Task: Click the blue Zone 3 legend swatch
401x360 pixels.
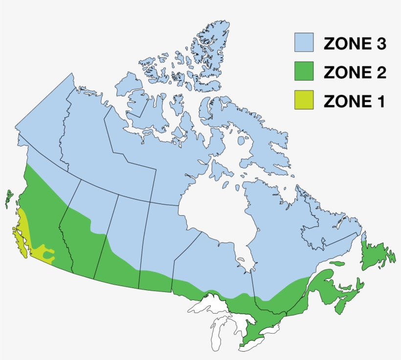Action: [303, 43]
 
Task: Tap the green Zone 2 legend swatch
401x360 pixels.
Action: [303, 71]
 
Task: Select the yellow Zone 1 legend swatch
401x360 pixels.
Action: [303, 100]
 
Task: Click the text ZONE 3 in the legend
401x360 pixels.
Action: [355, 44]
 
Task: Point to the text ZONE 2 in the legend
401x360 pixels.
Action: [355, 72]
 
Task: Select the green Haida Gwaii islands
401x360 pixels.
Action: [9, 198]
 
